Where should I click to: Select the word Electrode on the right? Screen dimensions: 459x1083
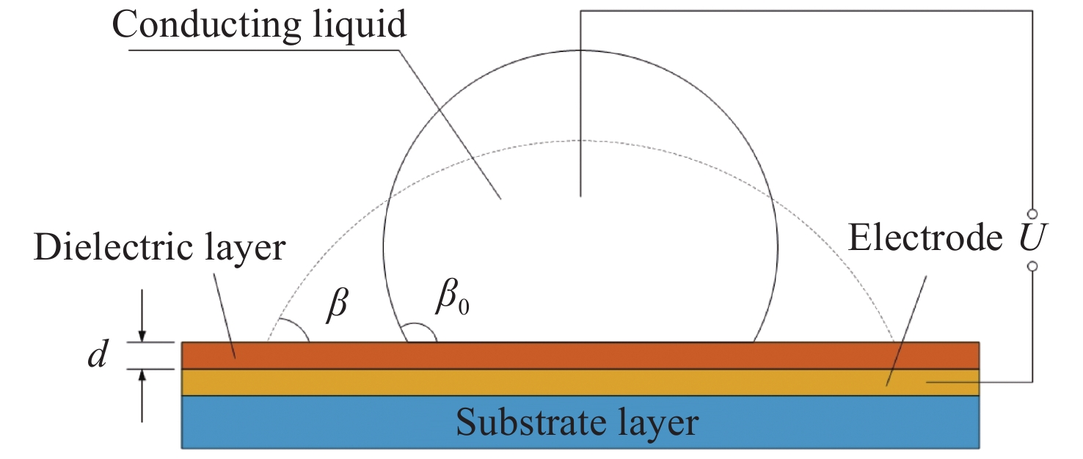[x=926, y=238]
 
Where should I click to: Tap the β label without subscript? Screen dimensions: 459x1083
[x=337, y=304]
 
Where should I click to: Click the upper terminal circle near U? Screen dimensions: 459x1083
[x=1032, y=213]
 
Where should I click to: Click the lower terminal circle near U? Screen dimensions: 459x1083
[x=1032, y=267]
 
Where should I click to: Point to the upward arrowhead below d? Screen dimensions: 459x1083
[x=142, y=376]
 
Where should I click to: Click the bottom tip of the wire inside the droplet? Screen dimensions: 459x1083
[x=580, y=196]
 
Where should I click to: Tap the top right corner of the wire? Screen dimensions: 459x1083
[x=1032, y=11]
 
